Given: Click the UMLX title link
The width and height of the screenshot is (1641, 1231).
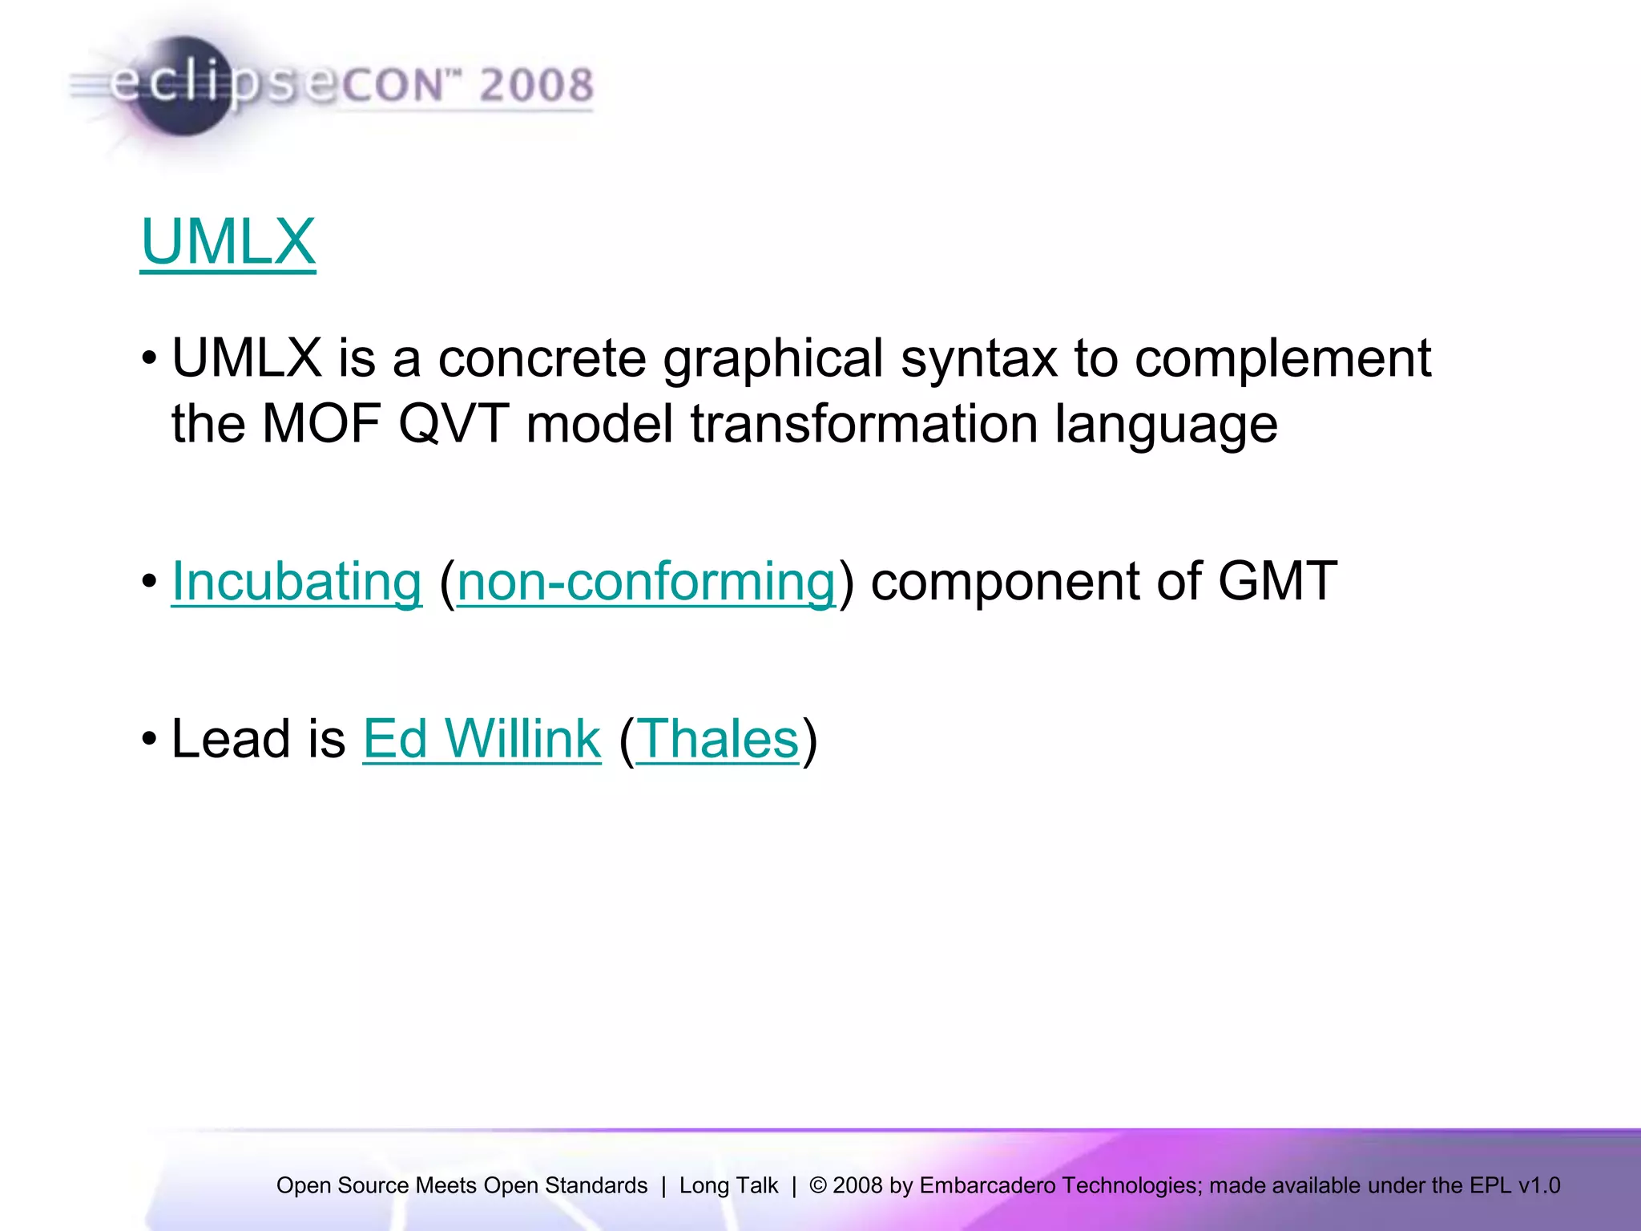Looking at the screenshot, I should coord(228,241).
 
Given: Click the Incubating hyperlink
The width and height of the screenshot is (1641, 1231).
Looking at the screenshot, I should coord(296,581).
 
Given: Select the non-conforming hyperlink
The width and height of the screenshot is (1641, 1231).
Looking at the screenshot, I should coord(646,581).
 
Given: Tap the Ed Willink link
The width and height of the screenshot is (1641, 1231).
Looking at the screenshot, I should coord(482,738).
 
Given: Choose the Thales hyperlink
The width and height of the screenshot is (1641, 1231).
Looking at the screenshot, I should coord(718,738).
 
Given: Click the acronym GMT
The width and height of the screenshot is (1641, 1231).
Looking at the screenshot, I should coord(1277,581).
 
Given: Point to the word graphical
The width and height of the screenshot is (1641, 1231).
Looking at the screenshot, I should coord(772,358).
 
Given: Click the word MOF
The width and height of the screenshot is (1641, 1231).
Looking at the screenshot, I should coord(321,424).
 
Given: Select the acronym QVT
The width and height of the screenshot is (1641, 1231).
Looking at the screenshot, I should coord(454,424).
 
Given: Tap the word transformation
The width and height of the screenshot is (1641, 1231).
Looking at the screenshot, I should coord(863,424).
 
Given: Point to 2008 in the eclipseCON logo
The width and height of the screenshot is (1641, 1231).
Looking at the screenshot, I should coord(536,85).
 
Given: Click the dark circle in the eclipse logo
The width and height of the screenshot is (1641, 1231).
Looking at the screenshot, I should coord(183,87).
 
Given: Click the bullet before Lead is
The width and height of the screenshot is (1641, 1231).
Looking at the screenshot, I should coord(149,738).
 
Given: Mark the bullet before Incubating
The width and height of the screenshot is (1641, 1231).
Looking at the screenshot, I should coord(149,581).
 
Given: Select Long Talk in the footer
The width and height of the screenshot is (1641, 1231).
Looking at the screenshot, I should coord(728,1185).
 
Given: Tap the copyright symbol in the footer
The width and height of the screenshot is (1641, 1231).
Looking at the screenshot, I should coord(817,1185).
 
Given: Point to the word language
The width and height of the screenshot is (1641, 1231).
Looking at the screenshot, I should coord(1166,424).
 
